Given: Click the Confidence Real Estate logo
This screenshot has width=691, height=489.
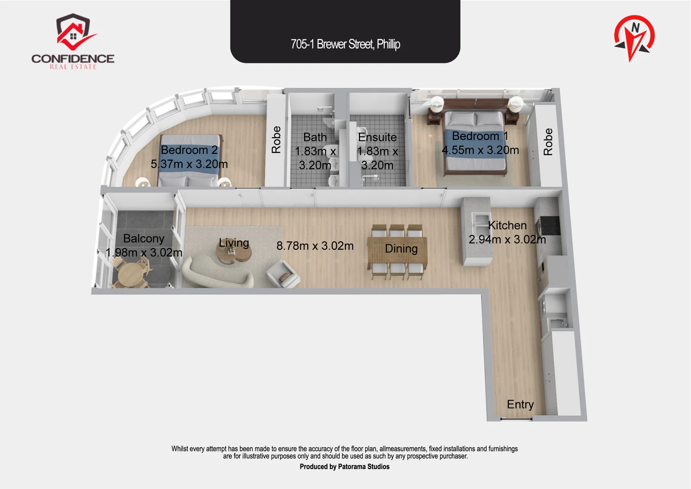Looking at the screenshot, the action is pos(73,41).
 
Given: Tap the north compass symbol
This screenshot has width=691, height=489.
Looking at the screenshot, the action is pos(634,38).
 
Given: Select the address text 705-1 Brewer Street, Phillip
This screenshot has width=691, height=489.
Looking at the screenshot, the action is pos(345,44).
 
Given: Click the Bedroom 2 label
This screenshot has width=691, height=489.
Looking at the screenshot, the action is pos(189,150).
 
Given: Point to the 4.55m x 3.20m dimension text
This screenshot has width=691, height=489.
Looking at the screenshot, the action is pos(480,150).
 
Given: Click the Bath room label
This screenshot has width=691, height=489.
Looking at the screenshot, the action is pos(315,137).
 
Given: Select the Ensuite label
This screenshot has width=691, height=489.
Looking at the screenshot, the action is pos(377,137).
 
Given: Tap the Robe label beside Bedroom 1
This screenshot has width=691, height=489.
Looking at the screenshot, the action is pos(548,142).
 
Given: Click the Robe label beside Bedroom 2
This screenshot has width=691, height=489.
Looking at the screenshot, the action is pos(276,139).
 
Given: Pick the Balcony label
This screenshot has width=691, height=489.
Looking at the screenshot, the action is pos(144,239).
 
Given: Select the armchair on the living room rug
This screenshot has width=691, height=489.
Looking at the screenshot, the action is pos(283,274).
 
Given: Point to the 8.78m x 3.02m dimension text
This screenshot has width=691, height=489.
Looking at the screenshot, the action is pos(315,246).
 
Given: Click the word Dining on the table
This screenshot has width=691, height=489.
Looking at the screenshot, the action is pos(401,249).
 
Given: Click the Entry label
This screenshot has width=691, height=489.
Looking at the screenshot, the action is pos(521,404).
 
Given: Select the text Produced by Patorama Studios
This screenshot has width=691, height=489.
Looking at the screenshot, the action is pos(344,467).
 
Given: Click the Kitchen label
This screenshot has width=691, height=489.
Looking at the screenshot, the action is pos(507,225).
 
